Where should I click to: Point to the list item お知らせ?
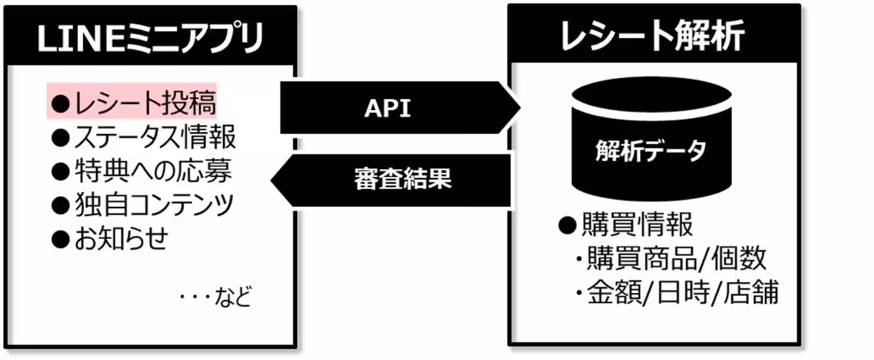click(121, 238)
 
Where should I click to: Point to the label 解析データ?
click(650, 151)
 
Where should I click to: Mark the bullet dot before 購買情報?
click(567, 226)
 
